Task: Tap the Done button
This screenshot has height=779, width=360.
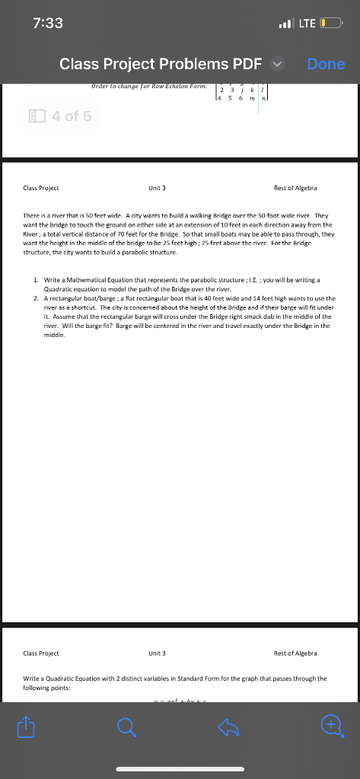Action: (x=326, y=64)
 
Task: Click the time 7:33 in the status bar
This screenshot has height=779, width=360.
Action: (x=49, y=23)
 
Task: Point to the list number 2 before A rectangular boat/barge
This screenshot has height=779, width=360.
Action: (x=37, y=298)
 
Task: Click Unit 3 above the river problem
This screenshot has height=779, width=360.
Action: (x=158, y=188)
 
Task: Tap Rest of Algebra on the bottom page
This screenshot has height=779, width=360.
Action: (x=295, y=653)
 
